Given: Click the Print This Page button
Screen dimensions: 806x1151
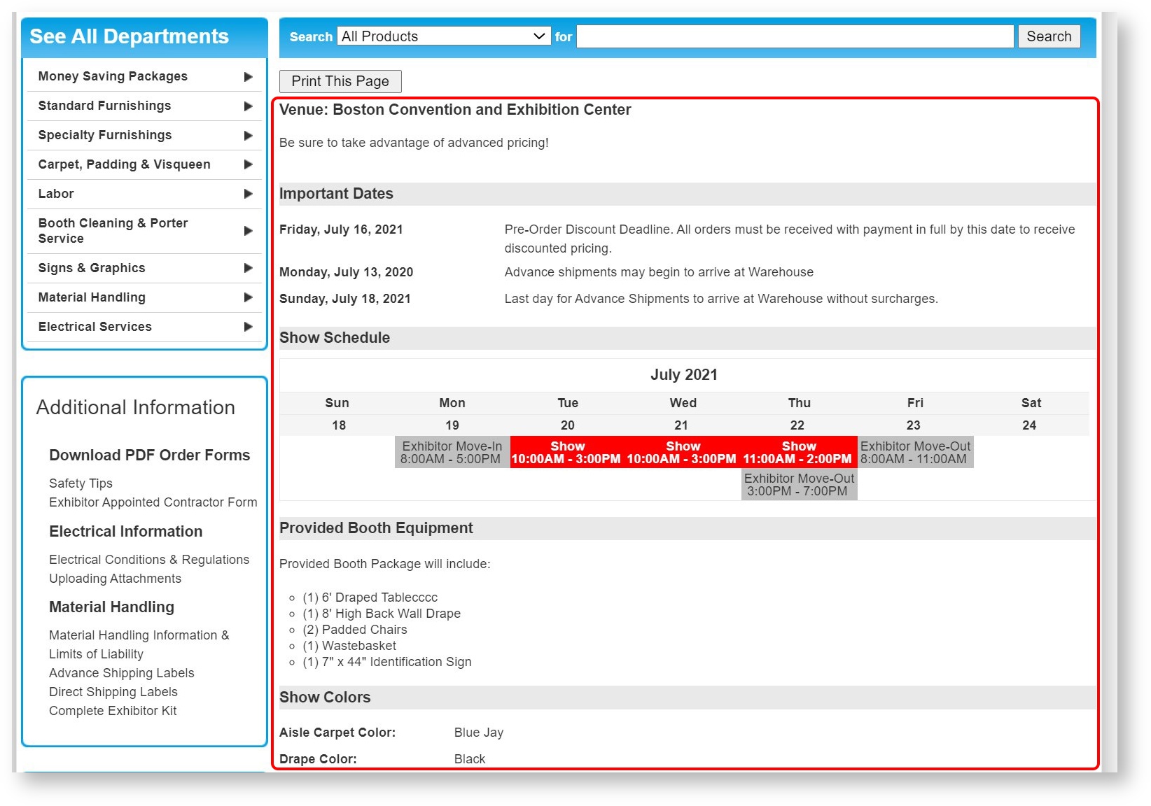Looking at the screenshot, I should (x=340, y=81).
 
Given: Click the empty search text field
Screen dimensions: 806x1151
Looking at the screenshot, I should (x=795, y=36).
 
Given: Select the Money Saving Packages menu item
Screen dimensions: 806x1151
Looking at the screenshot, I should (x=113, y=76).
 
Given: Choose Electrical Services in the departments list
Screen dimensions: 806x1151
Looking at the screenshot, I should (x=95, y=327).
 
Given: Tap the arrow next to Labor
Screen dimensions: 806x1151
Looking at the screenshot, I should (x=248, y=194).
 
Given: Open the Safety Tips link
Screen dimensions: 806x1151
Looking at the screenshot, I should (x=81, y=483).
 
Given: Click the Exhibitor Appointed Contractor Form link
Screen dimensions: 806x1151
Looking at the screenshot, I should (x=153, y=502).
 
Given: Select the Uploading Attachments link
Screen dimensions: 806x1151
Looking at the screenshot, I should (x=115, y=579).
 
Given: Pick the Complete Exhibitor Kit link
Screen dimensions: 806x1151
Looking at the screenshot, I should (x=113, y=711).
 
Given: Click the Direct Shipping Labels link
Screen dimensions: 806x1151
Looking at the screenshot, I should (x=113, y=692).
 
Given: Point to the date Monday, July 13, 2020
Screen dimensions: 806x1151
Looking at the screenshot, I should (x=346, y=272).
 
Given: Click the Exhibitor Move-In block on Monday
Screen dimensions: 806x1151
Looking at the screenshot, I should (x=452, y=453).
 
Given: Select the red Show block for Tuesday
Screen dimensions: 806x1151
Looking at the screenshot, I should (x=567, y=453).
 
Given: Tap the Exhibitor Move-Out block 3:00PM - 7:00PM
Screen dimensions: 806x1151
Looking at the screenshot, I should (x=799, y=485).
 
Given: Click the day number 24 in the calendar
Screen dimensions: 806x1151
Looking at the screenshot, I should (x=1028, y=425).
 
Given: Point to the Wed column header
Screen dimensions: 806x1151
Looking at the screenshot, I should (x=683, y=403).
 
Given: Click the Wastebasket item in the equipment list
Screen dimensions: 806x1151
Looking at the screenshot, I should (x=358, y=646).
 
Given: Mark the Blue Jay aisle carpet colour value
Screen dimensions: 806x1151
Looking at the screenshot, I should (x=479, y=733).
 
